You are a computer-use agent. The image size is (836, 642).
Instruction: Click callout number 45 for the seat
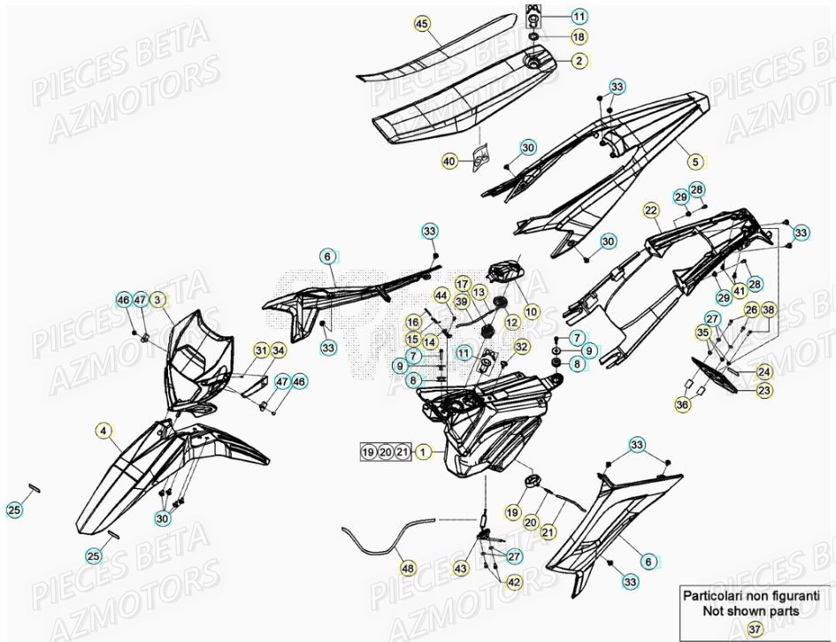tap(421, 24)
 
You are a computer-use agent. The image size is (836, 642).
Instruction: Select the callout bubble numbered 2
tap(579, 61)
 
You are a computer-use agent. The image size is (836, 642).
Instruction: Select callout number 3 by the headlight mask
tap(157, 301)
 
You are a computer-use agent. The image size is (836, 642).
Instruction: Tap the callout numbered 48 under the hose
tap(406, 569)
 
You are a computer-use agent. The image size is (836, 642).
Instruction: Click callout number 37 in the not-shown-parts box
tap(754, 629)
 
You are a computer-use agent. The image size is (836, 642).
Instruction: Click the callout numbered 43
tap(461, 569)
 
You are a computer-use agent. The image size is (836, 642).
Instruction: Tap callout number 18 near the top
tap(579, 37)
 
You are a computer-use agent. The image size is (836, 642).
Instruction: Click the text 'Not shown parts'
tap(751, 610)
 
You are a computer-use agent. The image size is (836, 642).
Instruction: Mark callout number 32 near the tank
tap(522, 346)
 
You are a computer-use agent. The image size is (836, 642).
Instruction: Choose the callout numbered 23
tap(763, 390)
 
